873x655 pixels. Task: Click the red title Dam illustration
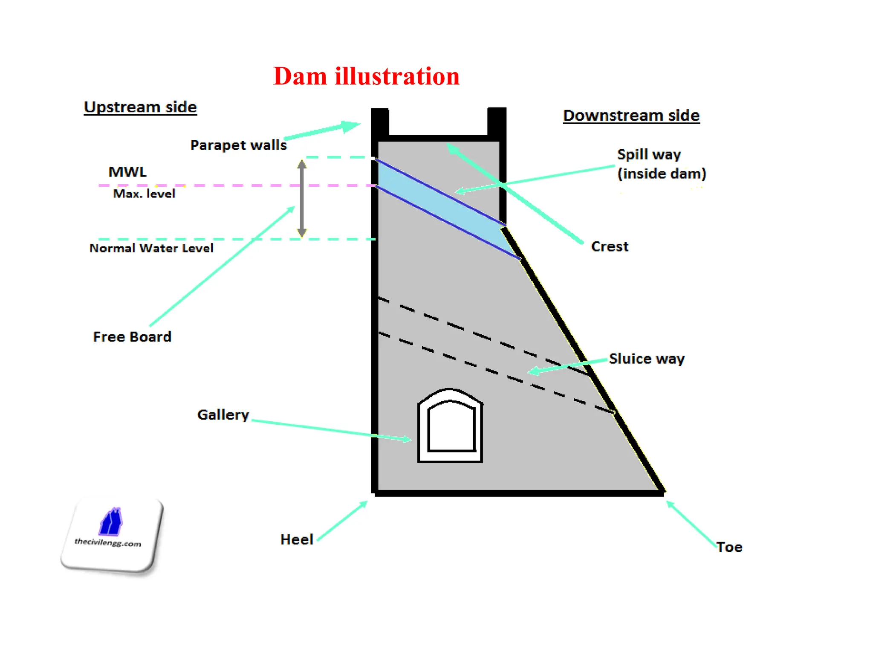[366, 76]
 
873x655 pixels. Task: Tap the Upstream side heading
[140, 107]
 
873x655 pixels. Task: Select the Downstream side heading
[631, 115]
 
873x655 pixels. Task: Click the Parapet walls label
[238, 145]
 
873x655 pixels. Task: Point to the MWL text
[127, 172]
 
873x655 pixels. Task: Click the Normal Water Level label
[151, 248]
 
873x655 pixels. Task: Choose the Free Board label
[132, 336]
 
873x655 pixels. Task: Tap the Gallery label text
[223, 414]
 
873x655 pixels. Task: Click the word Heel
[297, 539]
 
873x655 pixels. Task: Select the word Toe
[729, 547]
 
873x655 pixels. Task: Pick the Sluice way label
[647, 359]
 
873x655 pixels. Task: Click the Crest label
[610, 246]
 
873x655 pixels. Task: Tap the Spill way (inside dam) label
[661, 164]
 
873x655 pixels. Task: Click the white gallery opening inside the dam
[451, 429]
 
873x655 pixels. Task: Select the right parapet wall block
[497, 122]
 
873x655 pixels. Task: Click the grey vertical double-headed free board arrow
[302, 198]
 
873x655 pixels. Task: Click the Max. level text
[144, 194]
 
